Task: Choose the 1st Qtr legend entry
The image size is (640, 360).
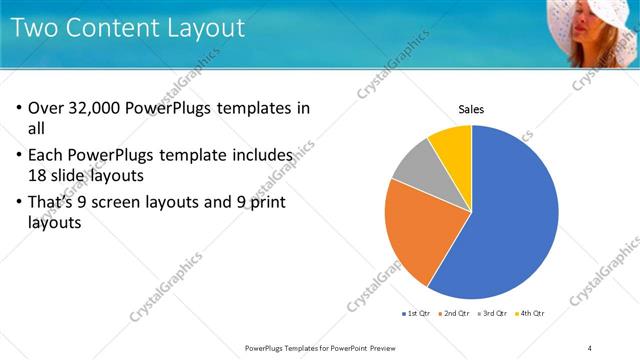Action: pos(417,314)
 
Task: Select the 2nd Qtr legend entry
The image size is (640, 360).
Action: pos(456,314)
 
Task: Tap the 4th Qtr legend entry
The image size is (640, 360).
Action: pos(531,314)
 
